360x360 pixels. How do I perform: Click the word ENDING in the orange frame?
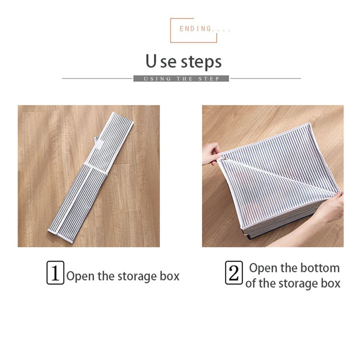[195, 28]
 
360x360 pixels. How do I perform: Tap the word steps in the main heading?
[201, 62]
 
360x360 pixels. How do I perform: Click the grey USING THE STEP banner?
[181, 78]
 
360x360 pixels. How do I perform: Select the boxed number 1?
[55, 273]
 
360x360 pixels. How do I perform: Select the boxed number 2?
[233, 273]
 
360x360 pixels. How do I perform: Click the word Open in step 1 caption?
[80, 276]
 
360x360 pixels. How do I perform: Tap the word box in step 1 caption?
[169, 275]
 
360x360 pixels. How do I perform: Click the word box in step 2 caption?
[330, 283]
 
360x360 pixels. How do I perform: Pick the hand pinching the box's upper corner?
[211, 153]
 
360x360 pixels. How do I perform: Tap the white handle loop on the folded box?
[97, 142]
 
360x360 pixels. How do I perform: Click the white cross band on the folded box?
[95, 168]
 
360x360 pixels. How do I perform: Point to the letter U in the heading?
[151, 61]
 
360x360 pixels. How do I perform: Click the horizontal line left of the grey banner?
[97, 78]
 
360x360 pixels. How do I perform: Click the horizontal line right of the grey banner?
[265, 78]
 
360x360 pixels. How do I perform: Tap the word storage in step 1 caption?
[137, 277]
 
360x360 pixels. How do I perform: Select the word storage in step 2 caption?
[298, 284]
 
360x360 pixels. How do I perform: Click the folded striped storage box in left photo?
[90, 177]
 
